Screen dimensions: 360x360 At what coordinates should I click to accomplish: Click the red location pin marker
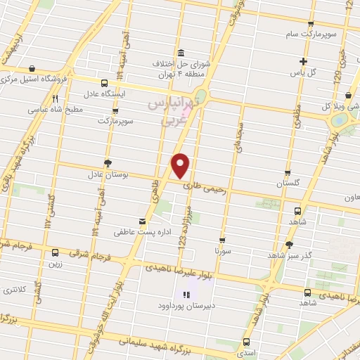point(181,166)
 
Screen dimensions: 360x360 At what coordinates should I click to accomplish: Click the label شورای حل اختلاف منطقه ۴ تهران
point(181,67)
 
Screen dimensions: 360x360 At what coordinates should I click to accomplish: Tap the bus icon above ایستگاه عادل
point(105,82)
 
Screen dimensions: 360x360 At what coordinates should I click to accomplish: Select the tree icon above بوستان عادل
point(108,162)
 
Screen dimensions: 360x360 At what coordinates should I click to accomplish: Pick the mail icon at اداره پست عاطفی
point(143,222)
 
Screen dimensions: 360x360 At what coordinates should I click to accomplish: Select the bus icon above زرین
point(56,252)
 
